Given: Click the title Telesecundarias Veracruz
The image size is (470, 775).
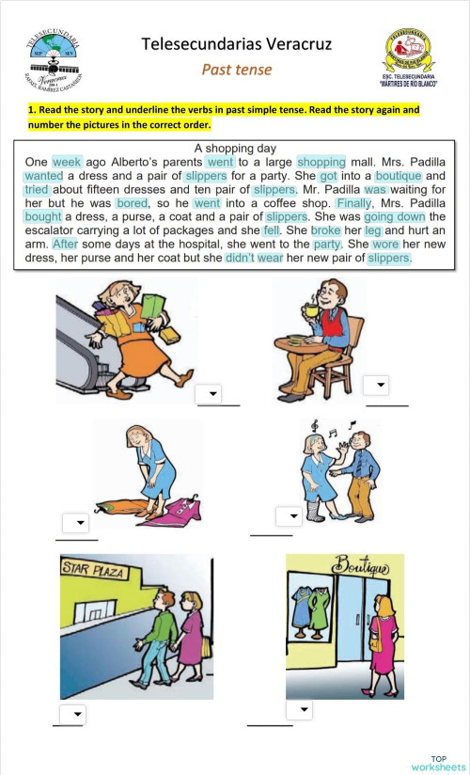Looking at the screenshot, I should click(236, 43).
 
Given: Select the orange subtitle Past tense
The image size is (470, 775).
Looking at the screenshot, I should click(237, 70).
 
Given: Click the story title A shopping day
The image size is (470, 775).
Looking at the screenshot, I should click(234, 149).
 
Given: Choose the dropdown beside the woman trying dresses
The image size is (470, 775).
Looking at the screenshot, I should click(75, 523).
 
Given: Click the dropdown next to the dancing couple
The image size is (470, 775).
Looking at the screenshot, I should click(287, 516).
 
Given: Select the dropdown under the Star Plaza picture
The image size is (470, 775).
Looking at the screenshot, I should click(72, 713).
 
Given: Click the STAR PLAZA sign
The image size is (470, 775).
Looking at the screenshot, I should click(92, 570).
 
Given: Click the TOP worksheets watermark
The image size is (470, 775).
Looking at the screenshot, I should click(438, 762).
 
